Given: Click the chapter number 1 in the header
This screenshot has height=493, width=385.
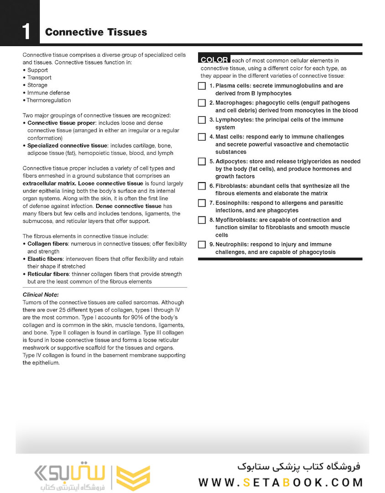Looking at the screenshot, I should [26, 32].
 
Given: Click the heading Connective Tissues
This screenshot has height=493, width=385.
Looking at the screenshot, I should [96, 32].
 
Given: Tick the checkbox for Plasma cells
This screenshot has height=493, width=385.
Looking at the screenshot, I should [202, 86].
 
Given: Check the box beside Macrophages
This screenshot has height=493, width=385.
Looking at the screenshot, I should [202, 103].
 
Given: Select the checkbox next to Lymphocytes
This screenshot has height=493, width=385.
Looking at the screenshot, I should [202, 120].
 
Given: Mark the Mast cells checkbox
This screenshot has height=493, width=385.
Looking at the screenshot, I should [202, 137].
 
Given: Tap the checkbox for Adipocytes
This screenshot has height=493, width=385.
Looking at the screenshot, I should [202, 162].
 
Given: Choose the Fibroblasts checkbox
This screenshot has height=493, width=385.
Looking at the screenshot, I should [202, 186].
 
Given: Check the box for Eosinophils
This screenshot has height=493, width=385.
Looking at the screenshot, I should [202, 203].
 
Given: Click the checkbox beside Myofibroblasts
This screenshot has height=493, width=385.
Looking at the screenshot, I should [202, 220].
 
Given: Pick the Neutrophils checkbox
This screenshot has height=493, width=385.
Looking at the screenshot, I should [202, 245].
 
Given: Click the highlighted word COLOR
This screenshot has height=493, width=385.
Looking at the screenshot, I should [214, 60].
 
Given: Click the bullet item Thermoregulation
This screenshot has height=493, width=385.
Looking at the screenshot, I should [48, 100].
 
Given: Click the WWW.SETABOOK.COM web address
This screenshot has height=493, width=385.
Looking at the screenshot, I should [281, 482].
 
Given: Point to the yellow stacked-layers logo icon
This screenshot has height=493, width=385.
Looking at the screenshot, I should [133, 477].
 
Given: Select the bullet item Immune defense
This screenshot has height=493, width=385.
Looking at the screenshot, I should [48, 93].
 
